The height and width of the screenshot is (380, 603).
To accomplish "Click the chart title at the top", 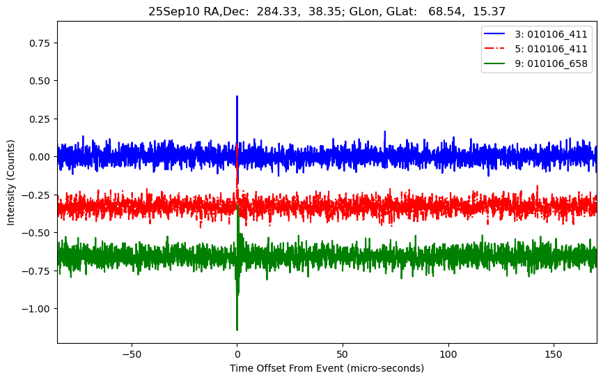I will [x=327, y=11].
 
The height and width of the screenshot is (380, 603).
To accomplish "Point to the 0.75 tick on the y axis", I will [x=41, y=43].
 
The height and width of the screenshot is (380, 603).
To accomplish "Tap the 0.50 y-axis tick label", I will [x=41, y=81].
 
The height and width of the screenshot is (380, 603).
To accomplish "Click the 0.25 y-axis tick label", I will [x=41, y=119].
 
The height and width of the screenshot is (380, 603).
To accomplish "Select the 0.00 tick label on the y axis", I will [x=41, y=157].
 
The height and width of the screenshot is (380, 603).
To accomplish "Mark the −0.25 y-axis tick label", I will [x=38, y=195].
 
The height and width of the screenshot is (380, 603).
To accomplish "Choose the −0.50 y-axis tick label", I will [x=38, y=233].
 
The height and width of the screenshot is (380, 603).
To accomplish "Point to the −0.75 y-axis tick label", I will [x=38, y=271].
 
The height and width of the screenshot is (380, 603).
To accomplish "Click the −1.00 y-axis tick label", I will [x=38, y=309].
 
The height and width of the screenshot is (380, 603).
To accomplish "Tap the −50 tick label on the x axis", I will [x=131, y=354].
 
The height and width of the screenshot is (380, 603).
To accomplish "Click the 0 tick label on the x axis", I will [x=237, y=354].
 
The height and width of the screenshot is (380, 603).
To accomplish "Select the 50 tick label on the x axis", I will [x=343, y=354].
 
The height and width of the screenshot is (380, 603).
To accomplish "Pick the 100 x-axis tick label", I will [x=448, y=354].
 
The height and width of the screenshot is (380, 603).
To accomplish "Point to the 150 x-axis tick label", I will [x=554, y=354].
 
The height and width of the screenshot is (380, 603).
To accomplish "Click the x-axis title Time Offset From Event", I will [x=327, y=368].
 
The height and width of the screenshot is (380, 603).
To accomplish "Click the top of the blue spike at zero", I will [x=237, y=97].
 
